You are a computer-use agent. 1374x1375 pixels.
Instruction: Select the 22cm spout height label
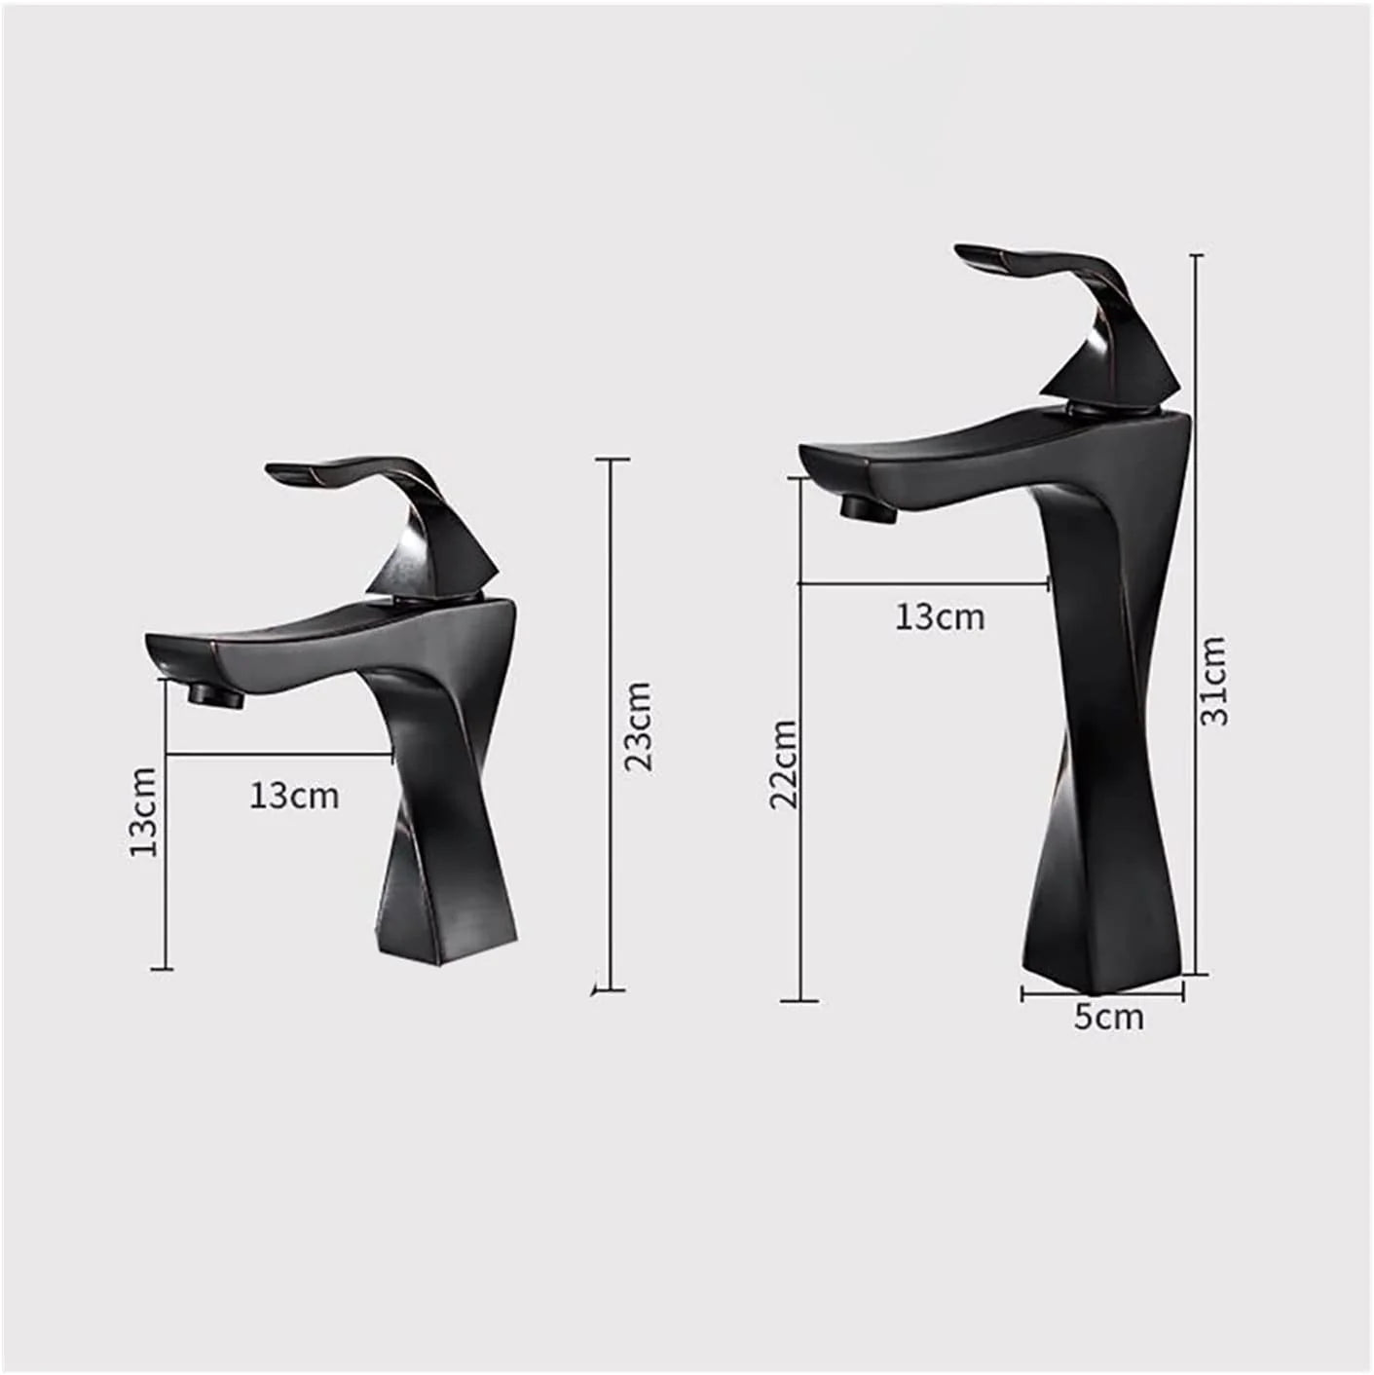783,763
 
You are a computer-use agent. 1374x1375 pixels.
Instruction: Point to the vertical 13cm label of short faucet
143,811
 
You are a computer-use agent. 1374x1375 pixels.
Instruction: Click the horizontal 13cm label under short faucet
294,796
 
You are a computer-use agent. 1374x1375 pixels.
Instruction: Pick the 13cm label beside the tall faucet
940,616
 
